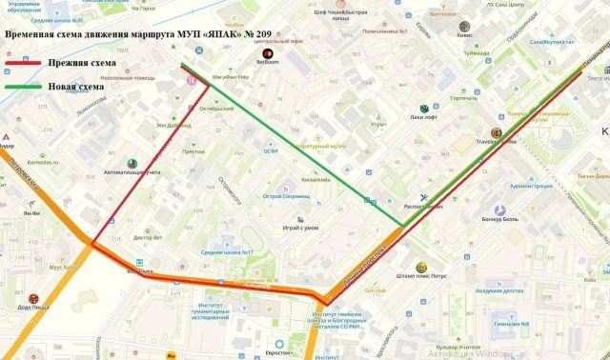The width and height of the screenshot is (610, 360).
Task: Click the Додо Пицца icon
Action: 33,297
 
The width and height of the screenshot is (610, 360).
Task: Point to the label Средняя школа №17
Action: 226,252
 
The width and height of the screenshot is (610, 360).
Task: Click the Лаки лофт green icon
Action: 423,108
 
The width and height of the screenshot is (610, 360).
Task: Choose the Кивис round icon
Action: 466,30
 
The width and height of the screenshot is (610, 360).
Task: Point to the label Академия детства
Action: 499,290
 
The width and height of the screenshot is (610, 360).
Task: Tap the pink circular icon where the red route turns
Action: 192,81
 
